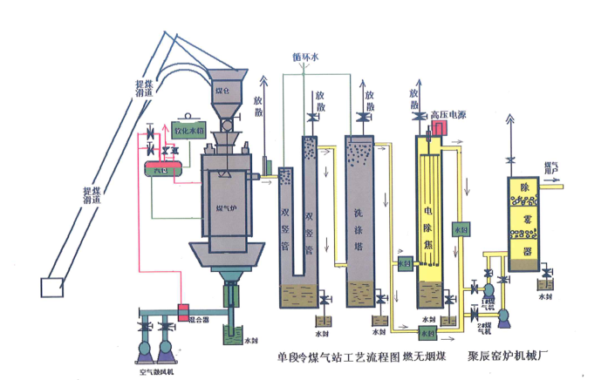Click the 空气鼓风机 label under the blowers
(156, 372)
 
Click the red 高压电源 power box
(438, 128)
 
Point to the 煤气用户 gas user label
(551, 166)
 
